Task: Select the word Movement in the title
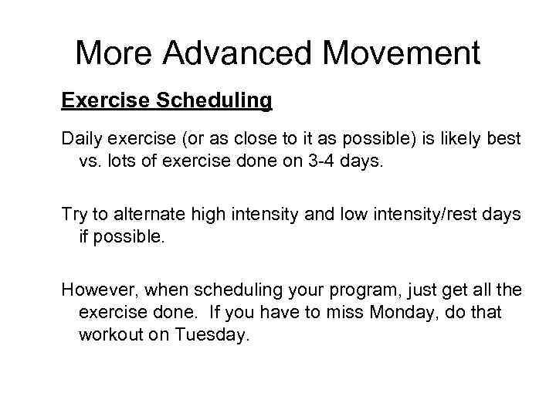tap(402, 53)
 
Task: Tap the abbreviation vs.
tap(91, 161)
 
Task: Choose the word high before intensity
tap(205, 214)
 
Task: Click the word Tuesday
tap(212, 334)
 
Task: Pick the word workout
tap(109, 334)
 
